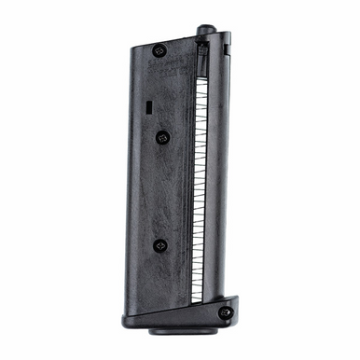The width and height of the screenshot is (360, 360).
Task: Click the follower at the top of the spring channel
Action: click(202, 49)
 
